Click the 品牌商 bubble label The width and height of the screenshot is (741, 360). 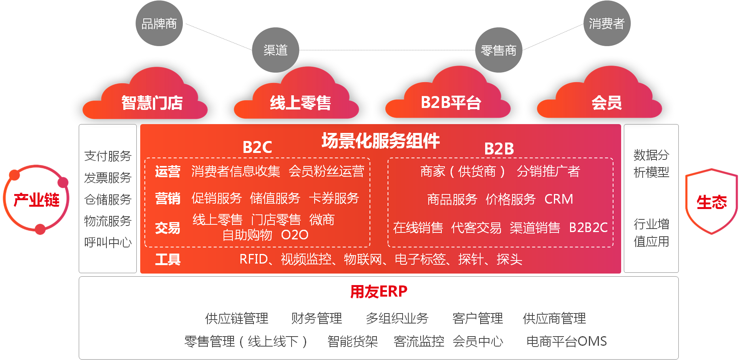pos(159,24)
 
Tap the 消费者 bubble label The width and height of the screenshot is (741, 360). pos(607,24)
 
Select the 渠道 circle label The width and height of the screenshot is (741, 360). pos(275,50)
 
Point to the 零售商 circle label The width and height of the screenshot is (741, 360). pos(499,50)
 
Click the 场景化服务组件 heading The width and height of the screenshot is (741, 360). pos(380,141)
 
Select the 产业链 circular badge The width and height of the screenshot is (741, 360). pos(36,200)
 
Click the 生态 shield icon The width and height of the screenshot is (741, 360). pos(711,202)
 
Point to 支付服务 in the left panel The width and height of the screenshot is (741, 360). pos(108,156)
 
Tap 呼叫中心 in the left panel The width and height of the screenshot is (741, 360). pos(108,242)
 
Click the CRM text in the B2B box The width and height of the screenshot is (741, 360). pos(559,199)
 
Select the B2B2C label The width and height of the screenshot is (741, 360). pos(588,227)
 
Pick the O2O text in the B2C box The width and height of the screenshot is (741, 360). pos(295,235)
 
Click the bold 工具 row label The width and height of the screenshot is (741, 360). pos(168,259)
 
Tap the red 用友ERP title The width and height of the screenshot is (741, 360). pos(379,292)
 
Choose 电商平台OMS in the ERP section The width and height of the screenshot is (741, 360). pos(566,341)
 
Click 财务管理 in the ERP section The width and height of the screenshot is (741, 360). pos(317,318)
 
